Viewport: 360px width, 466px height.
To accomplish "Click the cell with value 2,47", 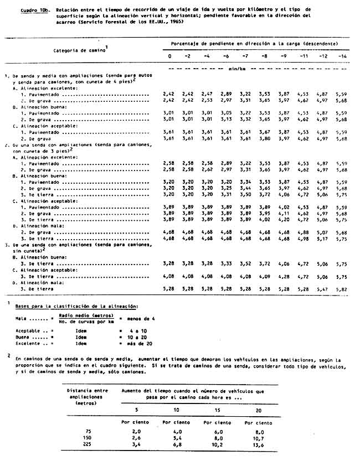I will click(x=207, y=95).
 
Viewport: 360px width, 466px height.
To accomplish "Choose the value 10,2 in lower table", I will click(x=217, y=444).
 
